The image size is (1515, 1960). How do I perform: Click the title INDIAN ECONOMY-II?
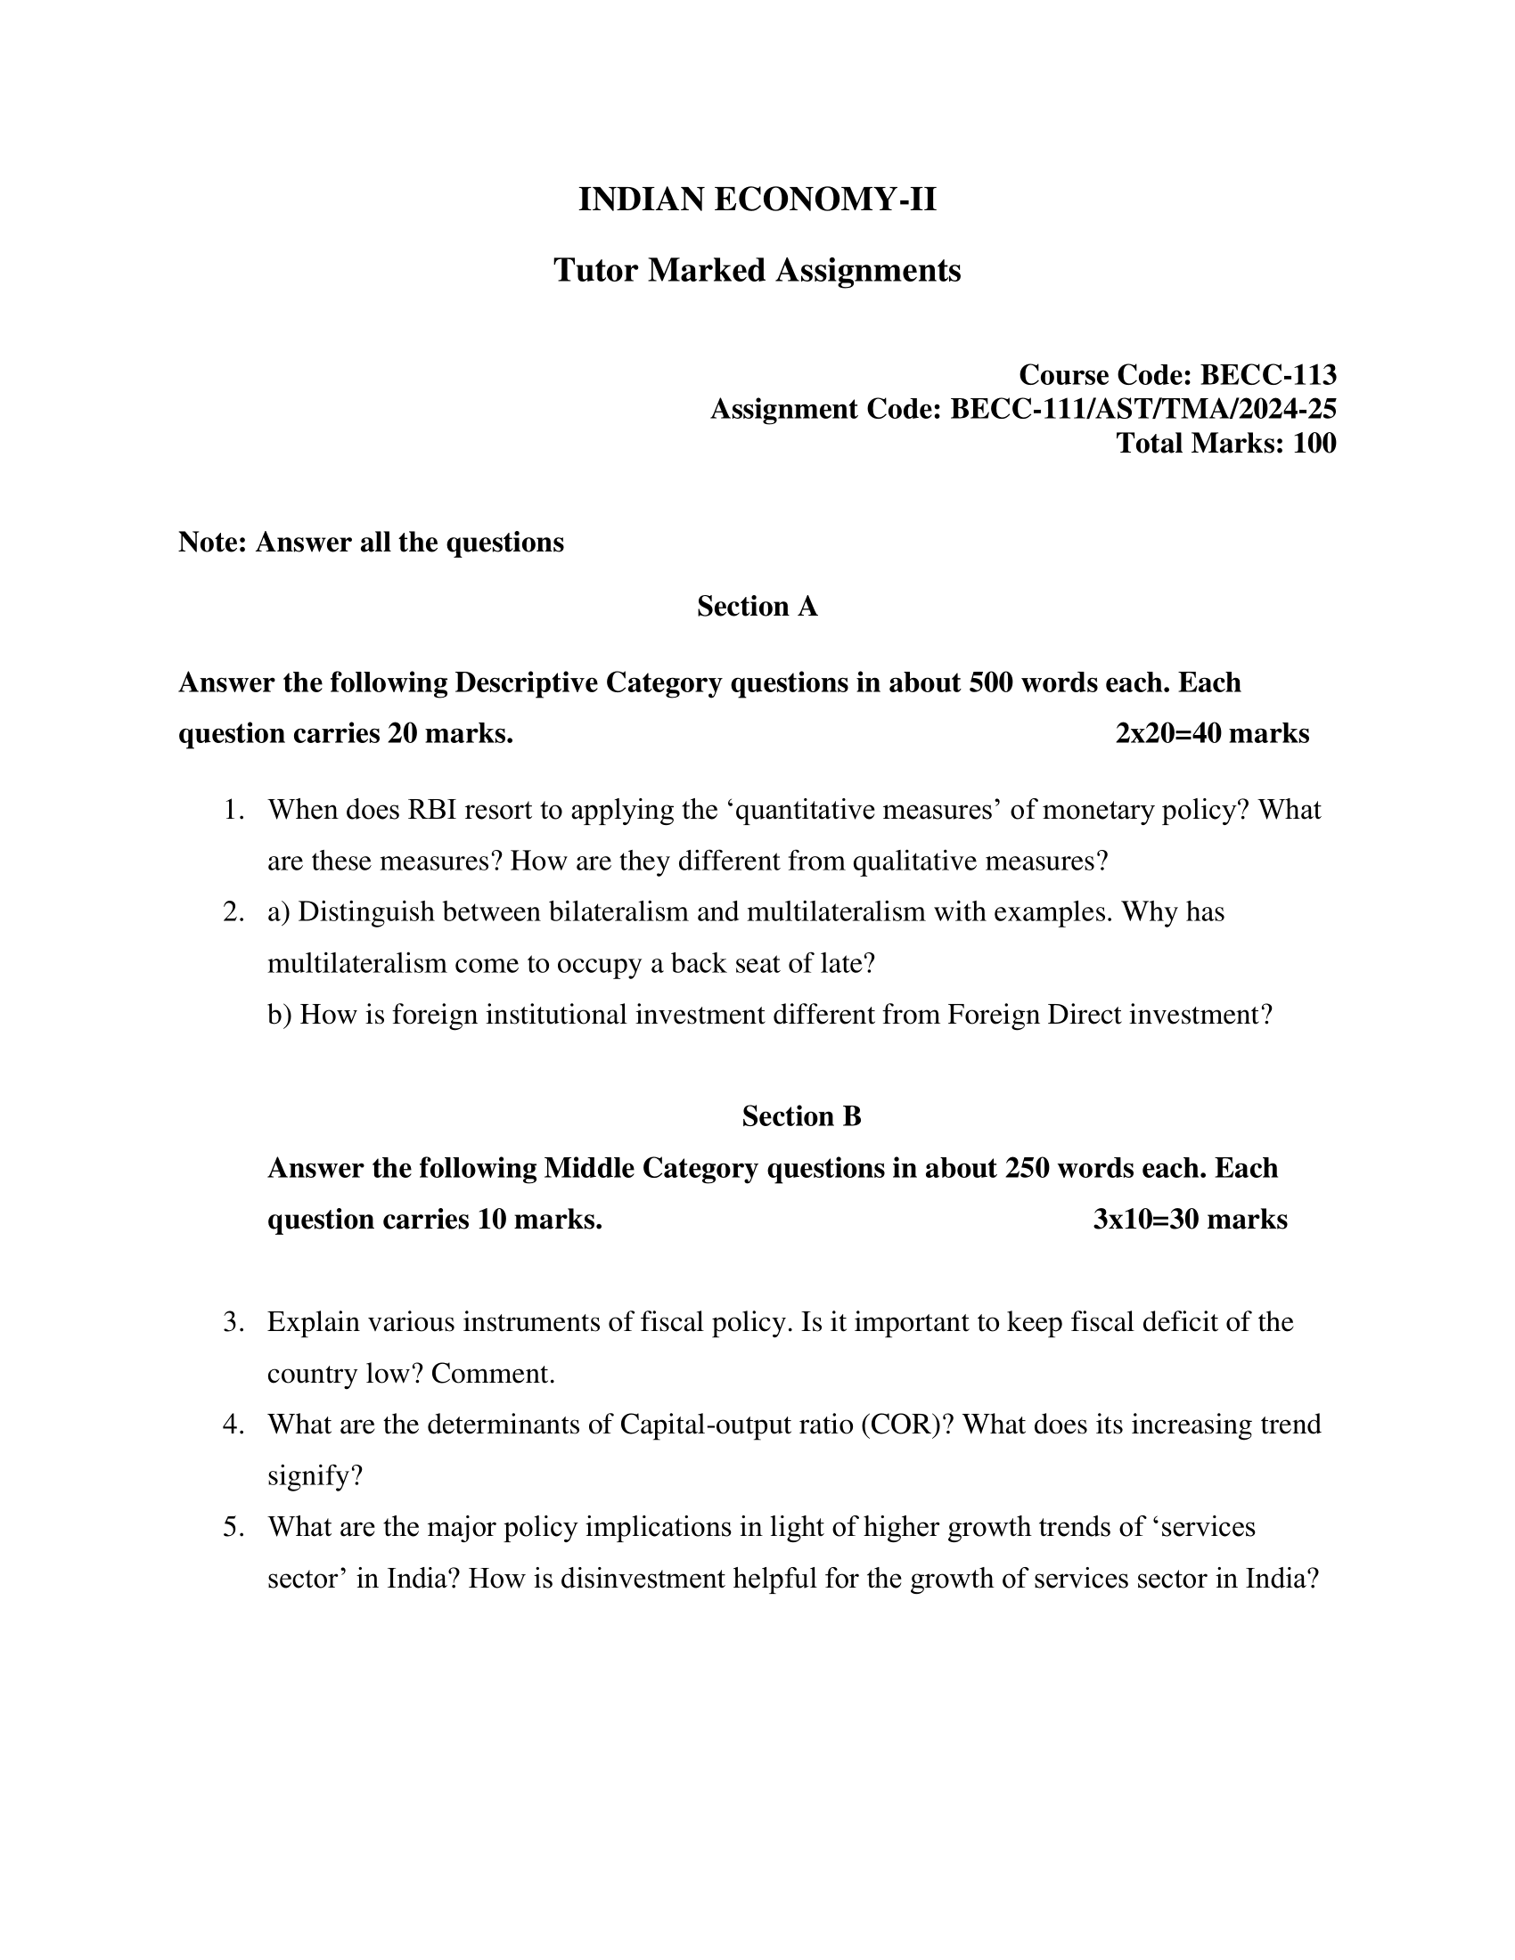coord(757,200)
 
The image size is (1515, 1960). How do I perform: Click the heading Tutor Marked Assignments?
coord(757,270)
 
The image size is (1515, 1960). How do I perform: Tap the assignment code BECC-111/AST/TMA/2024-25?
coord(1142,409)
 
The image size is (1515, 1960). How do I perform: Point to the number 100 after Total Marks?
coord(1314,444)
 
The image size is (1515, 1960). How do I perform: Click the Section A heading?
coord(757,607)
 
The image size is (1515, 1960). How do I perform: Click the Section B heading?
coord(800,1116)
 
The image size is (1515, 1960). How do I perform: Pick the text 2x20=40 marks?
coord(1212,734)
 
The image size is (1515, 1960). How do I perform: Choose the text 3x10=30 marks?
coord(1189,1220)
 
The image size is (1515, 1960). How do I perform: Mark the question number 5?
coord(233,1527)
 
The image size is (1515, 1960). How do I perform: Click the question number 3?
coord(233,1323)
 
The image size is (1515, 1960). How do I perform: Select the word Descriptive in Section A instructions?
coord(526,683)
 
